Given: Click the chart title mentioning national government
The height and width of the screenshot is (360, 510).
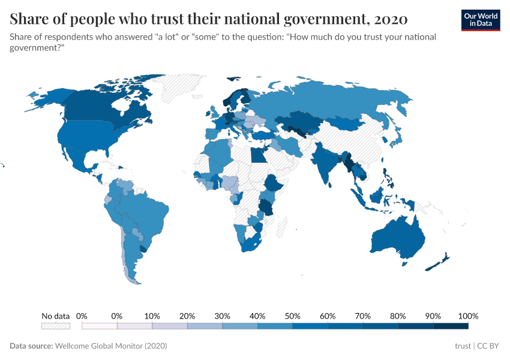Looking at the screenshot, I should (209, 19).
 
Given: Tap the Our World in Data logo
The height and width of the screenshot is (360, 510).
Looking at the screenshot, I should (480, 20).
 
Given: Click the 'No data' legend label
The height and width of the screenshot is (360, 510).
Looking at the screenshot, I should (55, 316).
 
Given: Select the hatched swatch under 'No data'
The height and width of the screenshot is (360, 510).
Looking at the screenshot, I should (55, 326).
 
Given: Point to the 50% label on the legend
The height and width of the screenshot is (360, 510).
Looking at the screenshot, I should (292, 316).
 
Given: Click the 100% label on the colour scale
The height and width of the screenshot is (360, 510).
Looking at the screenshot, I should (467, 316).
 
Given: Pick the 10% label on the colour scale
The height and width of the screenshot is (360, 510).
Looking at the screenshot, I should (152, 316).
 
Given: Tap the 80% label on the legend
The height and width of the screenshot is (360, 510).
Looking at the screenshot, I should (398, 316).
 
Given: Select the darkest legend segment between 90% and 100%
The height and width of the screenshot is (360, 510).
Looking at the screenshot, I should (451, 326).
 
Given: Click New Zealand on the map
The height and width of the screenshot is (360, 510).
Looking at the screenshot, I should (441, 260).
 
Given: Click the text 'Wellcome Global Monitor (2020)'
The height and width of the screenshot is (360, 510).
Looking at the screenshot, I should (110, 346).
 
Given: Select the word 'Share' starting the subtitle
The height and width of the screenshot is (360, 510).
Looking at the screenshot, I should (22, 37).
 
